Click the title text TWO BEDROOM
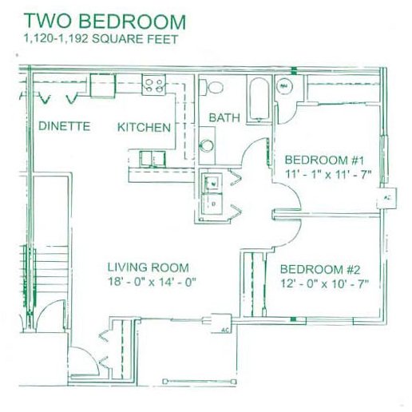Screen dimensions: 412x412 tap(105, 21)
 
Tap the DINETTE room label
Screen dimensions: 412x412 tap(63, 127)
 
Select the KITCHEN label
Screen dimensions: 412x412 tap(145, 127)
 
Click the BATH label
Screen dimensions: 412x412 tap(224, 117)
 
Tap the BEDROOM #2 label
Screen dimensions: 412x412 tap(324, 268)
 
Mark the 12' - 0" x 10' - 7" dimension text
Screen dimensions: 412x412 tap(324, 283)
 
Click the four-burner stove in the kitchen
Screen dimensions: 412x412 tap(153, 83)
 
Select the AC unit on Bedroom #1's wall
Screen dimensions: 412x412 tap(388, 196)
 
